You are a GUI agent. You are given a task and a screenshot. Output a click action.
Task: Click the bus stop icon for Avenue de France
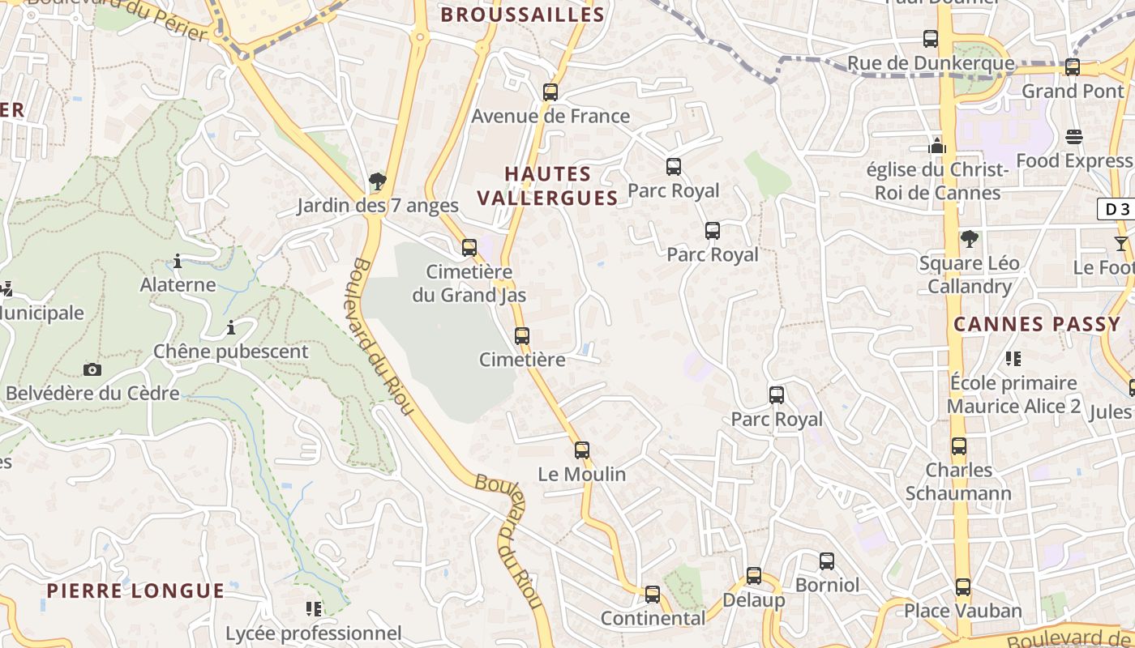tap(550, 92)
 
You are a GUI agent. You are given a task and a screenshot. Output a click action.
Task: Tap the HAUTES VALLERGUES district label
tap(547, 185)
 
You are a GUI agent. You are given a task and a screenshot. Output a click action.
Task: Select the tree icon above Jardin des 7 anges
tap(377, 181)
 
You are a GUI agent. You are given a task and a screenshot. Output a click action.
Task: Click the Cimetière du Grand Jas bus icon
tap(469, 248)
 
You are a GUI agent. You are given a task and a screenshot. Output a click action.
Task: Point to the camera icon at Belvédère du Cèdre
tap(92, 370)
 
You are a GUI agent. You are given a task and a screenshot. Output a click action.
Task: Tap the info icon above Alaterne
tap(178, 262)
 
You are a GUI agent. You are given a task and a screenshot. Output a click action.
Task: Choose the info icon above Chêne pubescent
tap(231, 328)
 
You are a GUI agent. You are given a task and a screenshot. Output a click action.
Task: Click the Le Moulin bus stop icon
tap(582, 450)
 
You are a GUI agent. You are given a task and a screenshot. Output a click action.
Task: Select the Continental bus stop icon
tap(653, 595)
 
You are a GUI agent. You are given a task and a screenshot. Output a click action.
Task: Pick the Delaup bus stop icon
tap(754, 576)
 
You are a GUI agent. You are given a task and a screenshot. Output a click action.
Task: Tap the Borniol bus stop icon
tap(827, 561)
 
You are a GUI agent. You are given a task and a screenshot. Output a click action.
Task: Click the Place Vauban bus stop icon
tap(963, 586)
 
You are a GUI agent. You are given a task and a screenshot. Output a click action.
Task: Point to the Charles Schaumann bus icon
tap(959, 446)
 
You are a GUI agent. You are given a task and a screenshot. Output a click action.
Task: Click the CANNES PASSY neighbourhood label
tap(1036, 325)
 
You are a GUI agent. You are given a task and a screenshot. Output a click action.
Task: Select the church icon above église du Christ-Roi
tap(938, 147)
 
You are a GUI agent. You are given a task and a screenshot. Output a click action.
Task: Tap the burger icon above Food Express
tap(1074, 137)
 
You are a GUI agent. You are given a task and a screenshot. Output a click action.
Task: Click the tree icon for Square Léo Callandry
tap(969, 239)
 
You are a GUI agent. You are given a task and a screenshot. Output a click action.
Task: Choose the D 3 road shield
tap(1116, 209)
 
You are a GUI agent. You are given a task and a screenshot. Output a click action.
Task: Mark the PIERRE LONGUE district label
tap(135, 590)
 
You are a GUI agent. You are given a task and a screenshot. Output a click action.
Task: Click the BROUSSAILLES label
tap(523, 15)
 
